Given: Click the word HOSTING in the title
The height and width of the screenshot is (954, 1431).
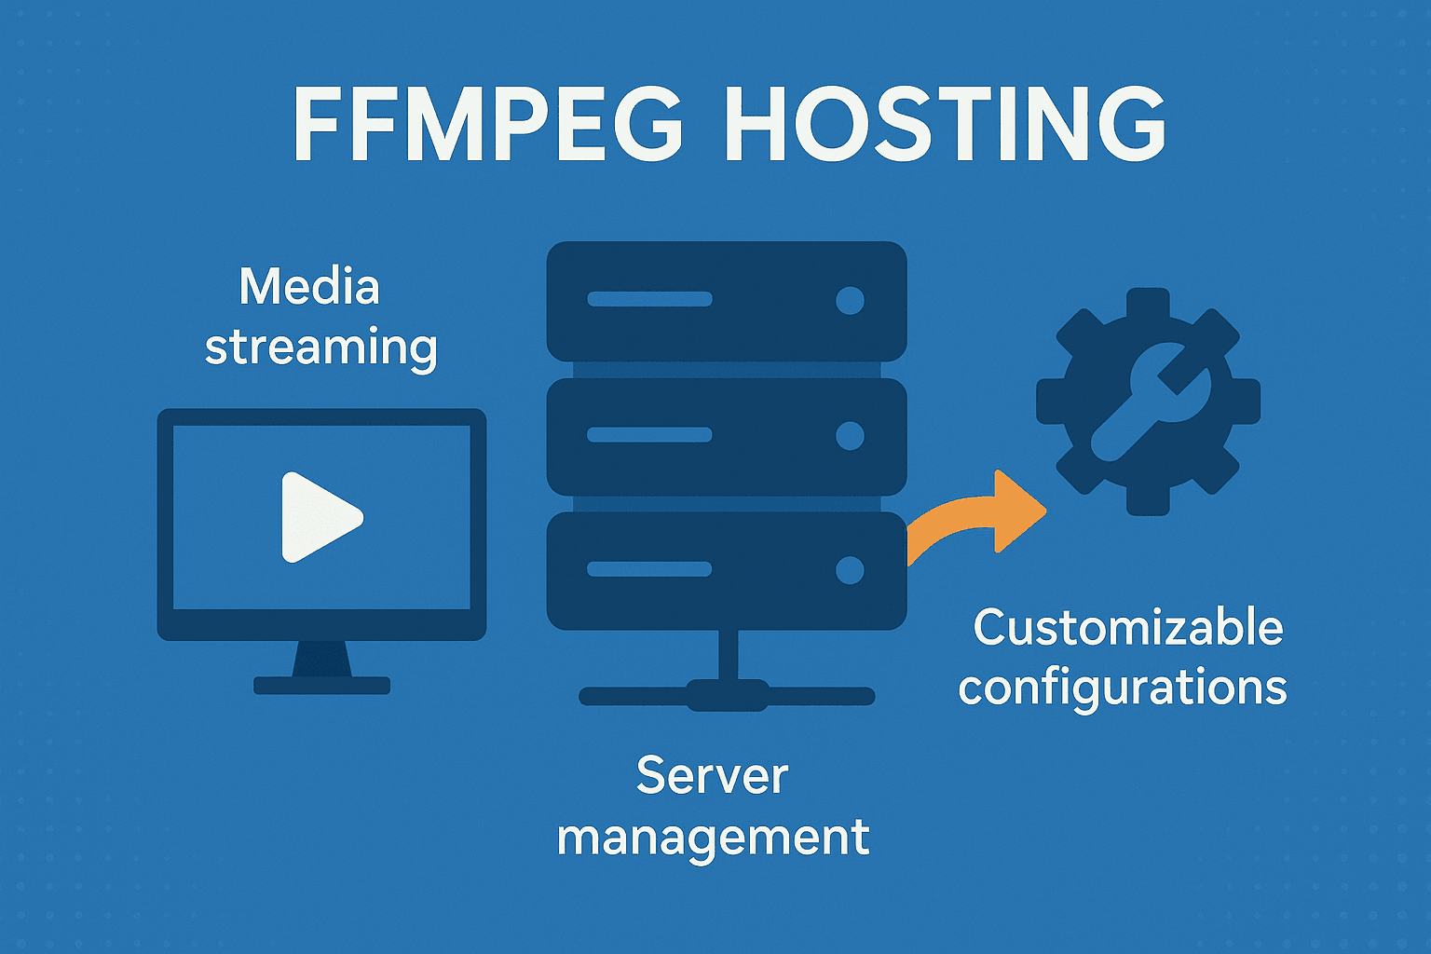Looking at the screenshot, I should (944, 125).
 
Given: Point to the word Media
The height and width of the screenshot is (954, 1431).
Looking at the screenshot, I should (309, 286).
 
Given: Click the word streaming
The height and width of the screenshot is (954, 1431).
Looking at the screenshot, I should (320, 348).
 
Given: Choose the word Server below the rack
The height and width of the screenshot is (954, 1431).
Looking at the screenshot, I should (712, 775).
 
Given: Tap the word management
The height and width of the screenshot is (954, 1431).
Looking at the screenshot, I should (713, 837).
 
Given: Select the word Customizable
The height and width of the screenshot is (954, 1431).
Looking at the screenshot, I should (1128, 627).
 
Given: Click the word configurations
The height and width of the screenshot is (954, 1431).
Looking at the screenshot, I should (1123, 688).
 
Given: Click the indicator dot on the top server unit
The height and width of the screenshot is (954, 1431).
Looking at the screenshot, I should (850, 300).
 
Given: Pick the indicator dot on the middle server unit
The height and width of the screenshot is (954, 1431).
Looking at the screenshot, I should (850, 435).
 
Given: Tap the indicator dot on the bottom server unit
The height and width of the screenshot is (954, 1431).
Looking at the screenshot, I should (850, 569).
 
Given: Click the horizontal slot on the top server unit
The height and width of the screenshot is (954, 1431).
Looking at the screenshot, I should (649, 299).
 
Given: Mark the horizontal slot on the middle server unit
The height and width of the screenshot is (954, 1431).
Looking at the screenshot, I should (649, 434).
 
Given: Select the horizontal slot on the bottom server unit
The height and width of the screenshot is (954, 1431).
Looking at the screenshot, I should (649, 569).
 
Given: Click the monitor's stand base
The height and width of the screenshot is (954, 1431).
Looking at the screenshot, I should (321, 686).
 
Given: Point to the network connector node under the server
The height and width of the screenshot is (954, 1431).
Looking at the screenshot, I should (728, 695).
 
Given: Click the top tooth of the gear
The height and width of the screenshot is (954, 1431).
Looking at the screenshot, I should (1148, 304).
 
